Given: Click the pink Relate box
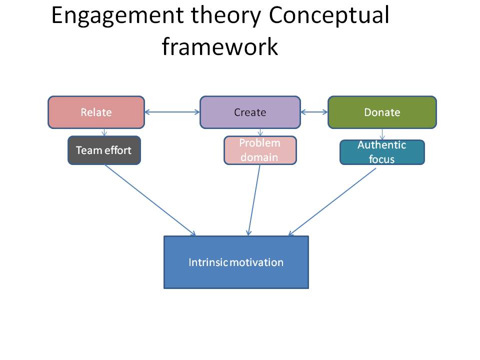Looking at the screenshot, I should coord(96,112).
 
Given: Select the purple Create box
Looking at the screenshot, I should coord(250,112).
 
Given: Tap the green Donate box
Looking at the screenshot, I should coord(382,112).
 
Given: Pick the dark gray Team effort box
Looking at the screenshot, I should coord(104,150).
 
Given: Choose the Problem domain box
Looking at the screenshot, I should coord(260,150).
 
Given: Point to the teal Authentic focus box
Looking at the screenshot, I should coord(382,152).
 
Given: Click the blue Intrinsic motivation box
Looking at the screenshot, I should coord(236,262).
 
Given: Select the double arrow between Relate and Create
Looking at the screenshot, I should coord(172,112).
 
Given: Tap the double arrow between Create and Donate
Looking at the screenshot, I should coord(314,112).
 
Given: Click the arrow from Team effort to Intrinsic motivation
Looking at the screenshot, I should coord(150,200).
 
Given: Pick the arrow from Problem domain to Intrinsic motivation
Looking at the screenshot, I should coord(254,200).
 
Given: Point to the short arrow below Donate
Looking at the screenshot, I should coord(382,134).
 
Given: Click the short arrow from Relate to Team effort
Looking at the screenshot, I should coord(104,132).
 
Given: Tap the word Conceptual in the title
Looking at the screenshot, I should coord(329,16).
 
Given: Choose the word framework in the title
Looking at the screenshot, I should coord(219,46).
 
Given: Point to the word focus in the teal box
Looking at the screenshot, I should coord(382,159).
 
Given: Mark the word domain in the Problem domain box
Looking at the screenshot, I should coord(259,157).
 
